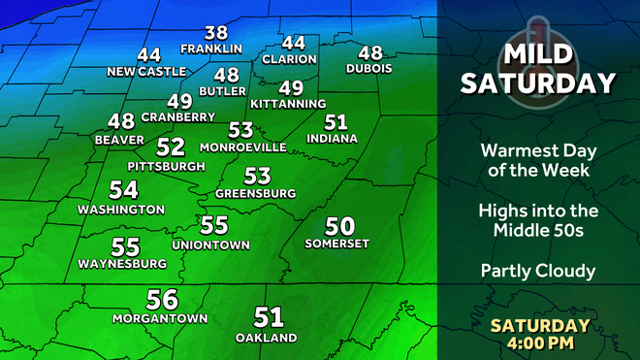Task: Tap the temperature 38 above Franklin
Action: click(x=215, y=33)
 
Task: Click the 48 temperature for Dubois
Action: click(x=369, y=53)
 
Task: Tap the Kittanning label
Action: click(x=287, y=103)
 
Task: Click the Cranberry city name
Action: click(x=177, y=116)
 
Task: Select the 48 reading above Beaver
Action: click(x=121, y=122)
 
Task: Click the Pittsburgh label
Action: click(x=166, y=166)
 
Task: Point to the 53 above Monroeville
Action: click(x=240, y=130)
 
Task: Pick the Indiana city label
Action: click(x=331, y=138)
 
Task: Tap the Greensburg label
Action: click(x=255, y=193)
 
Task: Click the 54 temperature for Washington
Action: click(x=123, y=191)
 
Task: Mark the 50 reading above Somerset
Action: click(x=339, y=226)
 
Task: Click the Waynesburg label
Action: click(x=118, y=264)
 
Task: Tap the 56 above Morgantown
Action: click(x=162, y=301)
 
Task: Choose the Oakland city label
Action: click(x=266, y=337)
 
